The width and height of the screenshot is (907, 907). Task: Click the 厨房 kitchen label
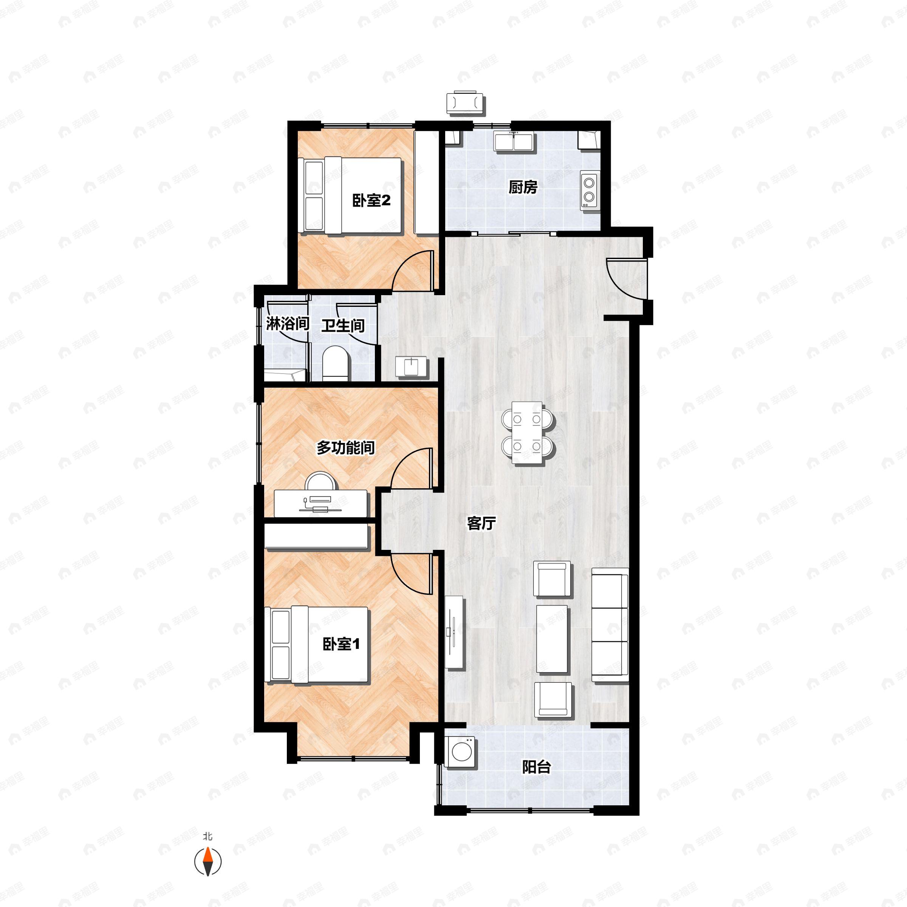coord(523,188)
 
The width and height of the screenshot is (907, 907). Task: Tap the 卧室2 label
coord(371,201)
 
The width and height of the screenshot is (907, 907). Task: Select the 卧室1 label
coord(341,644)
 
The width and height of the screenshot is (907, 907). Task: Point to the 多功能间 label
coord(345,447)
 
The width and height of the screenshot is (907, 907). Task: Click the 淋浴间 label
coord(287,323)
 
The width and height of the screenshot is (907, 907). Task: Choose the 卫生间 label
coord(343,325)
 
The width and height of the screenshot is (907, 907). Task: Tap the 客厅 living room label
coord(481,523)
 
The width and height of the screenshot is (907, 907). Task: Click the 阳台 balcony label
coord(536,768)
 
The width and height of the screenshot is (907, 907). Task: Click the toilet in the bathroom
coord(336,363)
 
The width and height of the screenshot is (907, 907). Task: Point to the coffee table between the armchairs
coord(552,639)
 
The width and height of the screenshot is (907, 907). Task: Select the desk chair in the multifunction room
coord(318,482)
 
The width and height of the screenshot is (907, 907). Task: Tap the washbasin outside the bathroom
coord(411,366)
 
